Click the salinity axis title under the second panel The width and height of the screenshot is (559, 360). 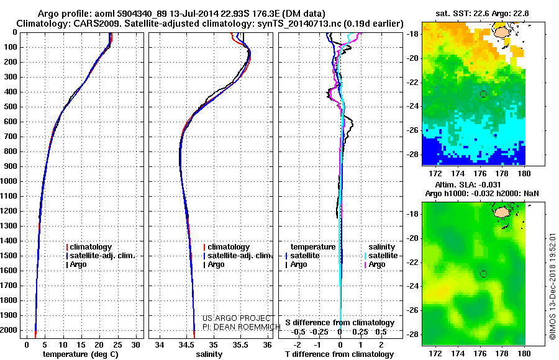pos(209,354)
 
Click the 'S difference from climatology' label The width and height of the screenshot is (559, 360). pos(339,323)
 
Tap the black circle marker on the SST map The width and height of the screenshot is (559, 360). pos(483,94)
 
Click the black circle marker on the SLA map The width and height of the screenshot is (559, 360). pos(483,274)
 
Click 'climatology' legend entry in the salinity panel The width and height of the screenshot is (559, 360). pos(229,247)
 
